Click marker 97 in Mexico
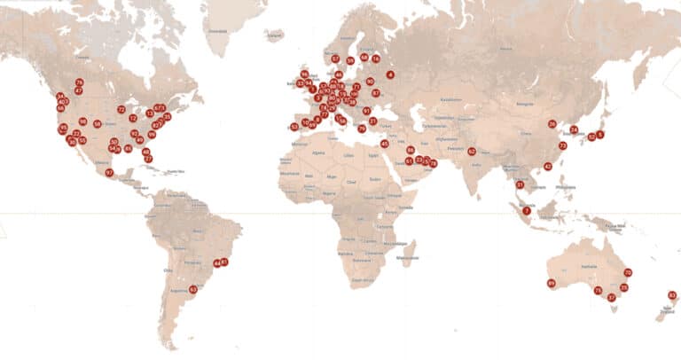[x=109, y=173]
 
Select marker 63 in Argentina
[x=193, y=289]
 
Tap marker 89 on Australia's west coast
[x=551, y=284]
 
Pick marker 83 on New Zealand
[x=672, y=295]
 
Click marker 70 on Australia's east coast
[x=628, y=272]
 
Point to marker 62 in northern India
[x=472, y=152]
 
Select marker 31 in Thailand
[x=520, y=184]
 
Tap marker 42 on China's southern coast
[x=547, y=167]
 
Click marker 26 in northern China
[x=552, y=124]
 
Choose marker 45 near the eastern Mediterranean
[x=384, y=144]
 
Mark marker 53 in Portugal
[x=294, y=127]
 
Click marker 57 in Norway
[x=335, y=59]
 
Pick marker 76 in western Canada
[x=79, y=82]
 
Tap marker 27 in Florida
[x=148, y=159]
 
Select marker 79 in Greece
[x=362, y=129]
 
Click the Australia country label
[x=586, y=266]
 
